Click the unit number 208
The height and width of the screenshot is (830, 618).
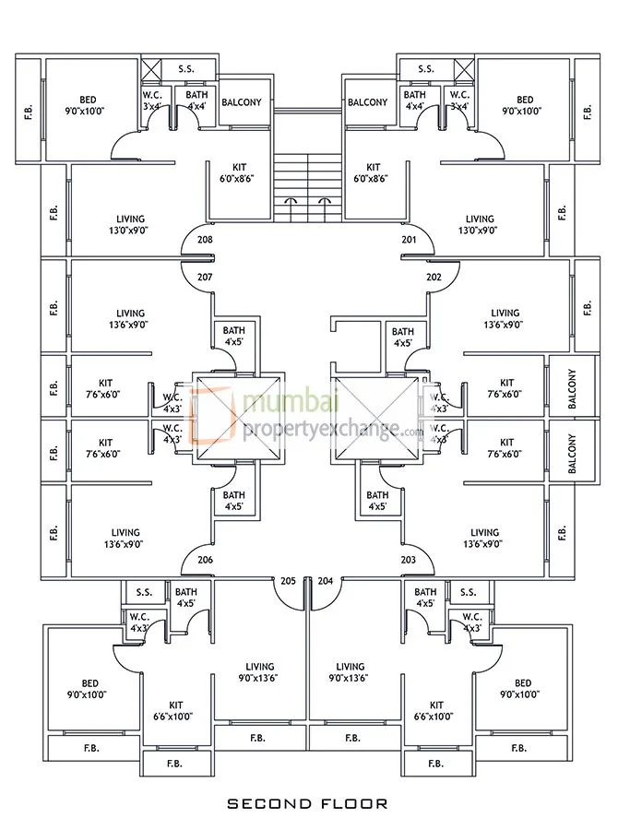(x=205, y=241)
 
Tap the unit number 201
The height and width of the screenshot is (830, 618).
(x=410, y=241)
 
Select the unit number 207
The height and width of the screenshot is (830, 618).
(x=205, y=277)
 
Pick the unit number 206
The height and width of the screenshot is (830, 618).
(x=205, y=560)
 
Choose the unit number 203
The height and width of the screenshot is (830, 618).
(x=410, y=560)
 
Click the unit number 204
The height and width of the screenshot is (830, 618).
(x=325, y=581)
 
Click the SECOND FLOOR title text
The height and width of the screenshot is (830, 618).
(x=308, y=803)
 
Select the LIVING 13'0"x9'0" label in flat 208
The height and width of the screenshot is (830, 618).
(x=125, y=225)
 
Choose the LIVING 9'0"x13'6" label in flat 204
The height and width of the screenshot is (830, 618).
(x=351, y=671)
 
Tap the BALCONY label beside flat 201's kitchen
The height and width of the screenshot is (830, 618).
(x=368, y=102)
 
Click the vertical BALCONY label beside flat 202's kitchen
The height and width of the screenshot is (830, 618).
(x=573, y=388)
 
